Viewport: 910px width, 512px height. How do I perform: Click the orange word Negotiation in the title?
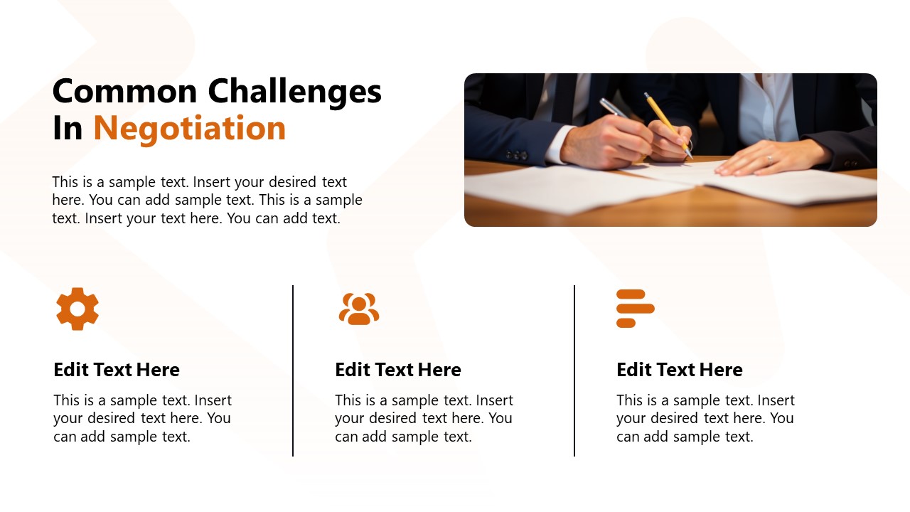coord(190,128)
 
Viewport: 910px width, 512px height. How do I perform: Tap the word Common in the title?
coord(124,91)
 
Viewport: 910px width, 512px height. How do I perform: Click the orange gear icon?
coord(77,309)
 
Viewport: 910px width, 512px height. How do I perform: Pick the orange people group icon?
coord(359,309)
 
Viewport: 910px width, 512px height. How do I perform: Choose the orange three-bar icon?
coord(634,309)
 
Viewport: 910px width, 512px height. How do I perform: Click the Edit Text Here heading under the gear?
coord(117,370)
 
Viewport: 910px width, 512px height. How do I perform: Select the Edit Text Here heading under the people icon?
coord(398,370)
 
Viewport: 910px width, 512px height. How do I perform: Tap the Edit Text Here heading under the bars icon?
coord(680,370)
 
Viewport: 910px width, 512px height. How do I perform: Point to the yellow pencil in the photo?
coord(665,121)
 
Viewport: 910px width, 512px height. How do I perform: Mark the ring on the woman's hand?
coord(769,159)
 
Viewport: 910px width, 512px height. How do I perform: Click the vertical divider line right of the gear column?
coord(293,370)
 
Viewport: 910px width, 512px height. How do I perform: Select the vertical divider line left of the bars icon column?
coord(574,370)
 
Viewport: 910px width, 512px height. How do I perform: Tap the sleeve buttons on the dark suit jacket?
coord(517,154)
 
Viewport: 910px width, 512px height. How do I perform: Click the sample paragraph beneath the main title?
coord(207,201)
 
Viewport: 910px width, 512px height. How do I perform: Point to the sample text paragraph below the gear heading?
coord(142,418)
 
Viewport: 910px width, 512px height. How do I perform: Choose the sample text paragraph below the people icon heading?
coord(424,418)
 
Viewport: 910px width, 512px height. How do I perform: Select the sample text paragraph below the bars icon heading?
coord(705,418)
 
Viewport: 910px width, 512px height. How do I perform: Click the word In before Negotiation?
coord(68,128)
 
